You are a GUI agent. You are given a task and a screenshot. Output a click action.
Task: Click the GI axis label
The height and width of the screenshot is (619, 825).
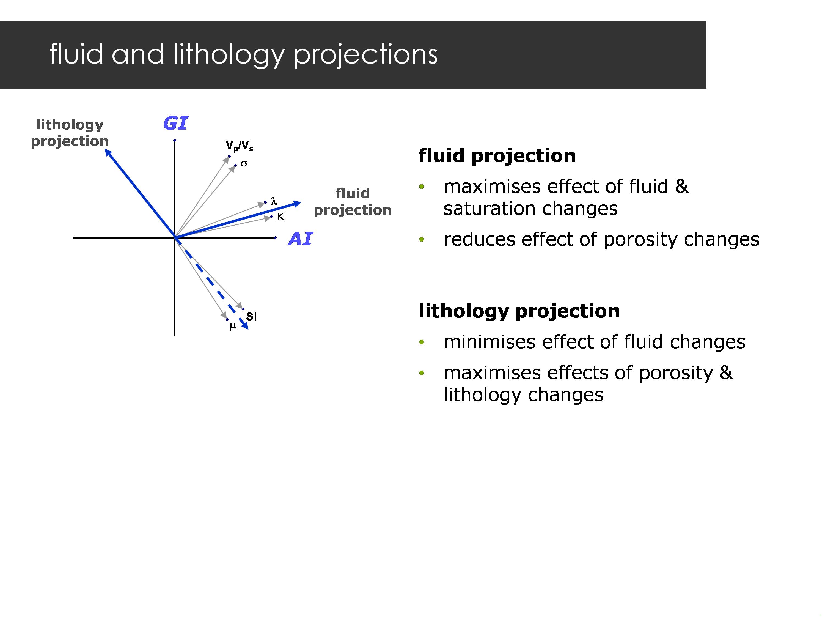175,123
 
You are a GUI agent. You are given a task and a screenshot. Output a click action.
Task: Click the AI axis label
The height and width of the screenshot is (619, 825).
300,239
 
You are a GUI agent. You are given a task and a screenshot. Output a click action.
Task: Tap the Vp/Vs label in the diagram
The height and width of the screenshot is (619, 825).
239,146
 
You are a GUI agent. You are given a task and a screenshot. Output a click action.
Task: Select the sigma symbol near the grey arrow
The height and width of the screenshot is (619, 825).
244,163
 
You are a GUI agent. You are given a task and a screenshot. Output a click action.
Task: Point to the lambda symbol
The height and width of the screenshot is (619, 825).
274,201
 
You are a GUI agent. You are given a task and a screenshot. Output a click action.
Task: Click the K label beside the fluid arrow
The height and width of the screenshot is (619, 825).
280,217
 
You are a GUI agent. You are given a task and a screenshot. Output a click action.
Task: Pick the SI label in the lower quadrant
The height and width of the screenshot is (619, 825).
251,316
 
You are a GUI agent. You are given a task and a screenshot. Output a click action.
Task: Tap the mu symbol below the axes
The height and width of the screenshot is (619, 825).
233,327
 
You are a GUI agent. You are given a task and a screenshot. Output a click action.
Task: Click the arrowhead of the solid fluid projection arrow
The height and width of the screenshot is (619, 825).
298,203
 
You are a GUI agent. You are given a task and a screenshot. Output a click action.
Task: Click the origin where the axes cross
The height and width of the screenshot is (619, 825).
175,237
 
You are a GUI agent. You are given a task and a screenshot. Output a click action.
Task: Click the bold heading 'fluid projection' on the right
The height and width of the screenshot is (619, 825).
497,156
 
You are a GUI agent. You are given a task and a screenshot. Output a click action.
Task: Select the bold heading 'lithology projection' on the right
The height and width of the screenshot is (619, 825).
519,311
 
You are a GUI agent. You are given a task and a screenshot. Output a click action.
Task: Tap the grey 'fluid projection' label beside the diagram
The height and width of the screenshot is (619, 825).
353,201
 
